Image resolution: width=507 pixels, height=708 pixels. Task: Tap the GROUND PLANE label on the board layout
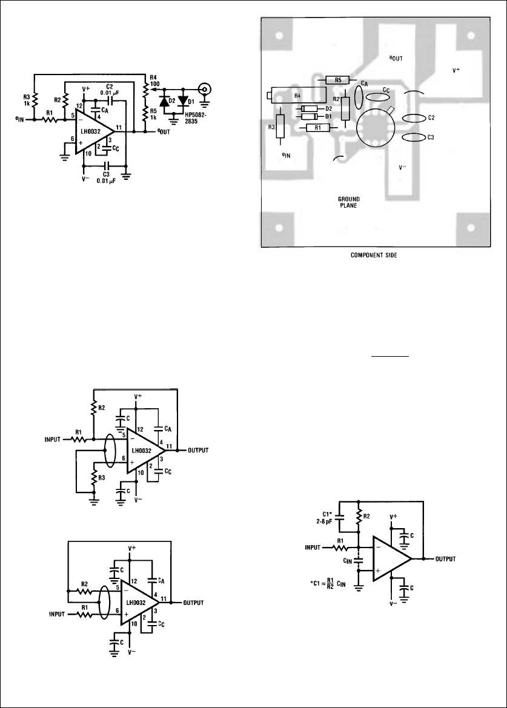click(348, 202)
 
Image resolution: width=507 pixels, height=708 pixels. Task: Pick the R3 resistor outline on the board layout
click(280, 126)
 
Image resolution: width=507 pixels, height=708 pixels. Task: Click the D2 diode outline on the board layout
click(309, 108)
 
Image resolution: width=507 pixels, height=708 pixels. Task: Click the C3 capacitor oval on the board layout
click(413, 137)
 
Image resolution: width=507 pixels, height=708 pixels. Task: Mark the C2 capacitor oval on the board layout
click(413, 117)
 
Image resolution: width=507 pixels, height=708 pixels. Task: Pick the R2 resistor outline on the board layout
click(345, 108)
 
